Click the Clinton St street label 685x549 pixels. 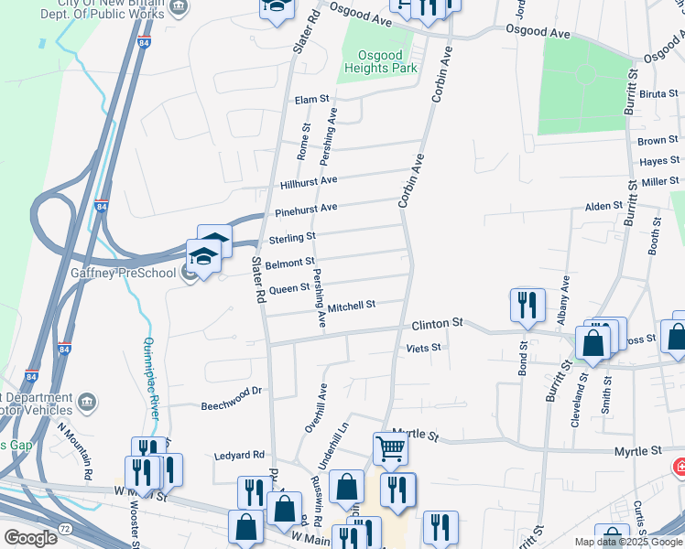click(x=438, y=324)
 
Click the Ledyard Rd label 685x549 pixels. click(x=239, y=454)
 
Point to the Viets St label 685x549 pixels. click(x=423, y=348)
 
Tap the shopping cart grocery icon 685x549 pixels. click(x=390, y=449)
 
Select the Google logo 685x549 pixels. click(x=31, y=537)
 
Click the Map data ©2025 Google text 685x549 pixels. click(x=627, y=542)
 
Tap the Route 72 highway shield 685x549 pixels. click(x=64, y=530)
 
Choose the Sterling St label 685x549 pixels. click(x=292, y=240)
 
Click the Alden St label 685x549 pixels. click(x=603, y=207)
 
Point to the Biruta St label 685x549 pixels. click(x=658, y=93)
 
